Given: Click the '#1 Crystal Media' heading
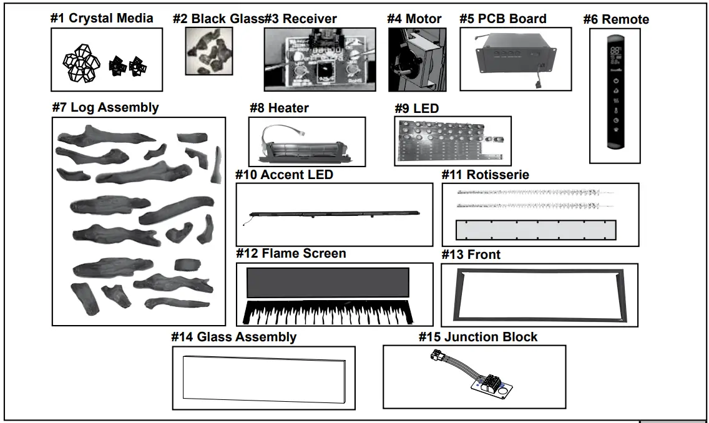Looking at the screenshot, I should (102, 17).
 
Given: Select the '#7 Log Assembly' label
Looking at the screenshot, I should (105, 107).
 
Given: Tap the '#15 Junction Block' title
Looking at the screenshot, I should (477, 337).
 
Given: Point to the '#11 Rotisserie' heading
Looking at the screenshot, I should (485, 175).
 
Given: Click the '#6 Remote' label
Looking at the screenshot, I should (616, 19).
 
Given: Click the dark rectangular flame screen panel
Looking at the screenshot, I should (328, 283).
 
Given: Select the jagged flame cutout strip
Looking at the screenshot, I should (328, 313).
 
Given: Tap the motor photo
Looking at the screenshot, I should (408, 60).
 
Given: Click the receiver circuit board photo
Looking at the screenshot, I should (320, 60).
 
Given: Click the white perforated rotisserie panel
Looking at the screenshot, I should (535, 230).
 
